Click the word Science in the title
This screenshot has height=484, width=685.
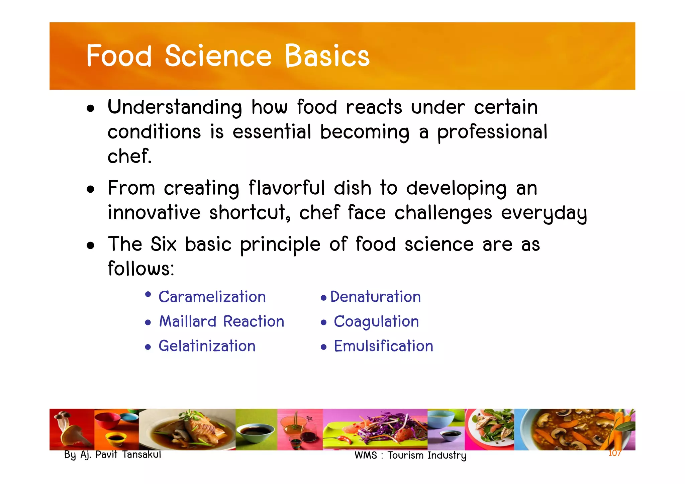218,56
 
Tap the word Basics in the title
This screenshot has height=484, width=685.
327,56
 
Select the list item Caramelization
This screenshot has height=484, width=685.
212,297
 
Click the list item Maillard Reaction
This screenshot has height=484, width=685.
221,321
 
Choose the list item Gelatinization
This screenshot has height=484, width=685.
207,346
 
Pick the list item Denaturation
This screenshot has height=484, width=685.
375,297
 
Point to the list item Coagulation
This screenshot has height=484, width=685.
376,321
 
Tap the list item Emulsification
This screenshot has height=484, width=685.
384,346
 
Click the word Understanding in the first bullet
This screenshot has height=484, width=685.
175,107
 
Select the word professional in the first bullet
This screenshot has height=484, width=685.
492,132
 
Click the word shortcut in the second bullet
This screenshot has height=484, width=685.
249,212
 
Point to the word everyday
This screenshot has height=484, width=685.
544,213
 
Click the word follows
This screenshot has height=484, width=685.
140,269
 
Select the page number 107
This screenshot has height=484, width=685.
614,453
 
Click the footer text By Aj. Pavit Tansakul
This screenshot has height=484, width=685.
112,455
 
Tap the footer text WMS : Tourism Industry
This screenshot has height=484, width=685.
410,456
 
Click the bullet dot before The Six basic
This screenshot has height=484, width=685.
90,246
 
